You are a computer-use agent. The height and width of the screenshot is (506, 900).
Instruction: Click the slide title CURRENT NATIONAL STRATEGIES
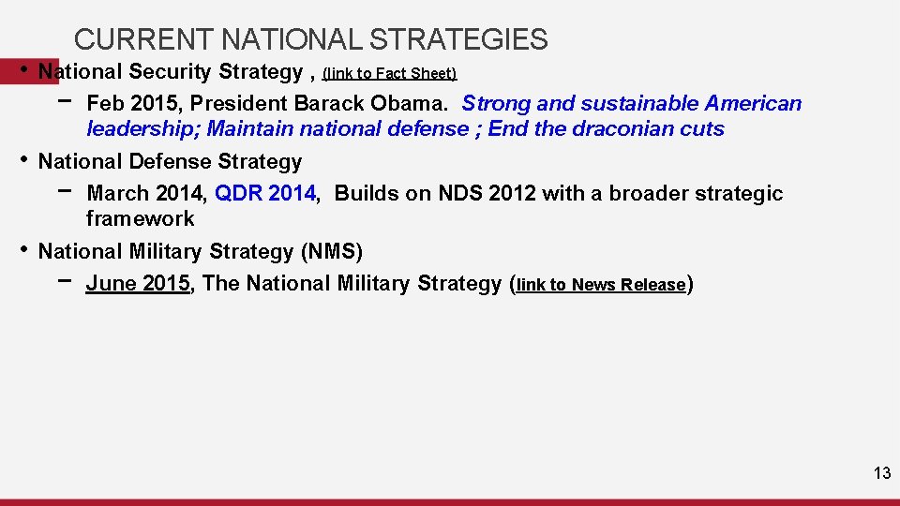pos(310,39)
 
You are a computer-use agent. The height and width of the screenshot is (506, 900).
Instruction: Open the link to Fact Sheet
pos(389,73)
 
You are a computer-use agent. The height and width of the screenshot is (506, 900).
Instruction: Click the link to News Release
pos(601,285)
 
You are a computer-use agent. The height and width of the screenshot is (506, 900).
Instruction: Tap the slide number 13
pos(881,473)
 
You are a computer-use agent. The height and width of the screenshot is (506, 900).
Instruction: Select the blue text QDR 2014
pos(265,194)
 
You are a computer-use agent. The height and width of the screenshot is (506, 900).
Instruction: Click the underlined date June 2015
pos(138,284)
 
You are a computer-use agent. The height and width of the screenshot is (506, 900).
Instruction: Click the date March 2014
pos(143,194)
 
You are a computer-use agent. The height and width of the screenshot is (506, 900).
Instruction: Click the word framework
pos(141,219)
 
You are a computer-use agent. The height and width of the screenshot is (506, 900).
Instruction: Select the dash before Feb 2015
pos(64,100)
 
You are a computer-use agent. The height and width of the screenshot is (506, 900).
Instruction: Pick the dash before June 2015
pos(64,280)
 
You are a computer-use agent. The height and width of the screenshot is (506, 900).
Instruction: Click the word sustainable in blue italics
pos(635,103)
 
